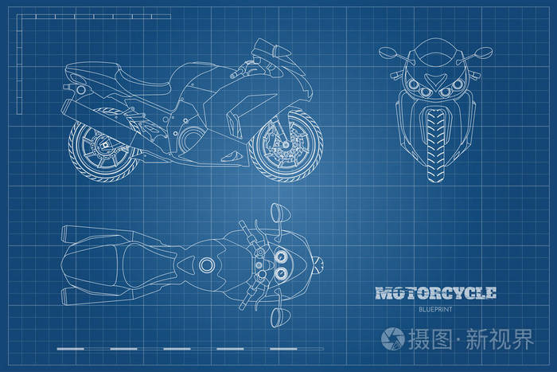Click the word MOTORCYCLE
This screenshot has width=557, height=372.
click(435, 292)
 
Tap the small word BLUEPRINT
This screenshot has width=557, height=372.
click(434, 308)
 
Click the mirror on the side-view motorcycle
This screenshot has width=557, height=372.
click(275, 49)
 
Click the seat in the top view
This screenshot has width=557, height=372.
click(127, 264)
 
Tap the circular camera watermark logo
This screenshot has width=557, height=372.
click(392, 339)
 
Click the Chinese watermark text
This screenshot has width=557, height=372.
click(469, 339)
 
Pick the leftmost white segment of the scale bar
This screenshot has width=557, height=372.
click(70, 349)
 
